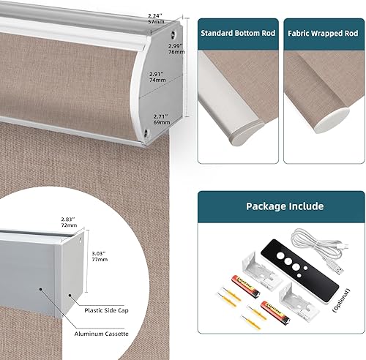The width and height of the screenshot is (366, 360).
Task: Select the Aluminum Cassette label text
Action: pos(102,333)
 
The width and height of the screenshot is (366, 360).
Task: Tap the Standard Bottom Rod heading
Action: pos(237,34)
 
